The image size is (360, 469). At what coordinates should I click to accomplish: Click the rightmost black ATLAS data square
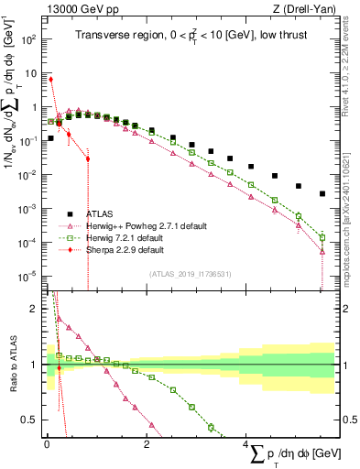point(322,193)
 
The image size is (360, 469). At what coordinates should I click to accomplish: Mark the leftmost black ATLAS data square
point(50,139)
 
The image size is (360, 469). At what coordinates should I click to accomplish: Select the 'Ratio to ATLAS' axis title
point(12,364)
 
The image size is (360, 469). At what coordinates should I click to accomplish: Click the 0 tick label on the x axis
point(47,445)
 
